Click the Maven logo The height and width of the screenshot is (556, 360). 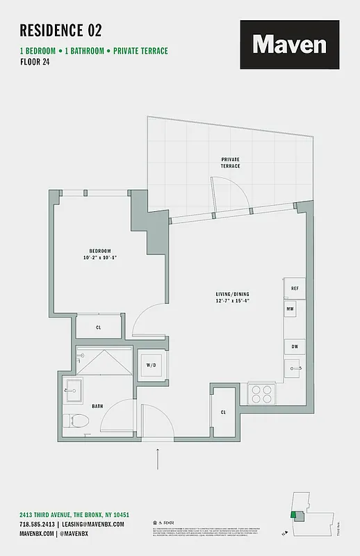click(289, 44)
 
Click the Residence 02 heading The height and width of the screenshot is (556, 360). click(60, 30)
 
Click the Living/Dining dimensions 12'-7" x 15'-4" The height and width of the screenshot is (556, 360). click(232, 302)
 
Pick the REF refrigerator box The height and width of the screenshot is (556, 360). click(294, 288)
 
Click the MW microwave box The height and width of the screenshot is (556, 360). click(290, 307)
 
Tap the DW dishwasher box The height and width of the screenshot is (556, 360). click(294, 346)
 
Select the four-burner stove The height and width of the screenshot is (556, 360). click(262, 394)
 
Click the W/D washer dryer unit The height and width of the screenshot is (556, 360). click(151, 366)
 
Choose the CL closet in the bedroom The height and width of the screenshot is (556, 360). click(99, 327)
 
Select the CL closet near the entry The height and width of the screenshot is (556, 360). click(223, 412)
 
